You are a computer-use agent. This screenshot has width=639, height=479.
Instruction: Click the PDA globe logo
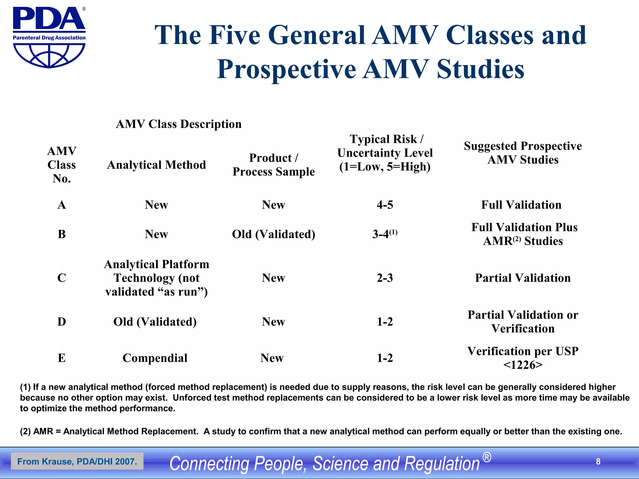pyautogui.click(x=49, y=37)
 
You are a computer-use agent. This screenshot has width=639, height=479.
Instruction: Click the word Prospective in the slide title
pyautogui.click(x=286, y=69)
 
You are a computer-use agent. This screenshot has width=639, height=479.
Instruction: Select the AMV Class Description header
pyautogui.click(x=178, y=124)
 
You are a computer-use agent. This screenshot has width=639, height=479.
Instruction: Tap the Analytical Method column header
pyautogui.click(x=156, y=165)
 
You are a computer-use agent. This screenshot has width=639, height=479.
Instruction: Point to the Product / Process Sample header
pyautogui.click(x=273, y=165)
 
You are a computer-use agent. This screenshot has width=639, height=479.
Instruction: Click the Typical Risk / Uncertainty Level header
pyautogui.click(x=385, y=153)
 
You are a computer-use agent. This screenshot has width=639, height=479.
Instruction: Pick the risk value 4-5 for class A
pyautogui.click(x=385, y=205)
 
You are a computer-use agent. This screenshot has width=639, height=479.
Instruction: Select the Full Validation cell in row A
pyautogui.click(x=521, y=205)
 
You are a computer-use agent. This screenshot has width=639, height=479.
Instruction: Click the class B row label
pyautogui.click(x=62, y=234)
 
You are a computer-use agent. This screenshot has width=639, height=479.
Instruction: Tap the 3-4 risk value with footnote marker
pyautogui.click(x=384, y=234)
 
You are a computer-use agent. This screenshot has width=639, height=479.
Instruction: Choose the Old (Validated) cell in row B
pyautogui.click(x=273, y=234)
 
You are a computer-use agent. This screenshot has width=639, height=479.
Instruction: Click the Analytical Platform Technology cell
pyautogui.click(x=156, y=278)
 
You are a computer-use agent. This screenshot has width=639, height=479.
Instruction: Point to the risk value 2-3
pyautogui.click(x=385, y=278)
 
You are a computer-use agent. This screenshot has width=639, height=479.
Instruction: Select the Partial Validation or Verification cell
pyautogui.click(x=523, y=322)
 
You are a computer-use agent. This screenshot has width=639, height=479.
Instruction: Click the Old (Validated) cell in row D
pyautogui.click(x=155, y=322)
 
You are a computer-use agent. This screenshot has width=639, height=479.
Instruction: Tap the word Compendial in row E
pyautogui.click(x=155, y=358)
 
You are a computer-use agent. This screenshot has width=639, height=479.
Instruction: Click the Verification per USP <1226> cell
pyautogui.click(x=523, y=358)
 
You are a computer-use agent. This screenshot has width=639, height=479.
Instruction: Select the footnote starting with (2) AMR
pyautogui.click(x=321, y=431)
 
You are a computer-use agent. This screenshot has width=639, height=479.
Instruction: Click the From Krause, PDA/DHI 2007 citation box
pyautogui.click(x=77, y=461)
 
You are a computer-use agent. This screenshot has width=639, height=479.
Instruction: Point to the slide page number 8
pyautogui.click(x=598, y=461)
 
